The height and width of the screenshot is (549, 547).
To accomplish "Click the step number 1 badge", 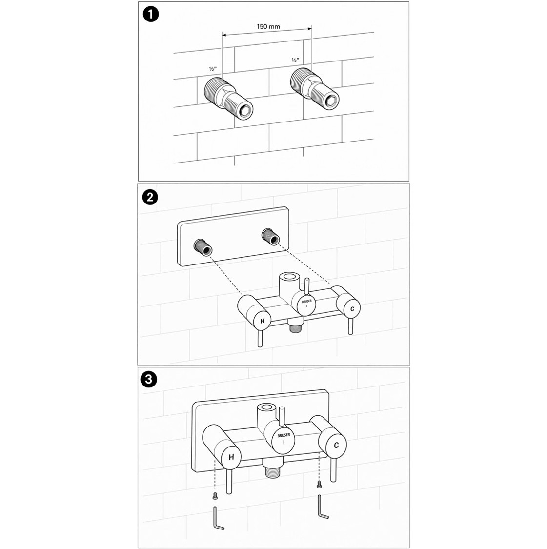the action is (x=151, y=15).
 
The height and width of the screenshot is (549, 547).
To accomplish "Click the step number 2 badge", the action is (x=150, y=198).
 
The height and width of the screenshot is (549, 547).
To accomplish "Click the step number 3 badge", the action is (x=148, y=380).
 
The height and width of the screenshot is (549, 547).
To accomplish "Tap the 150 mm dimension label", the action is (x=268, y=27).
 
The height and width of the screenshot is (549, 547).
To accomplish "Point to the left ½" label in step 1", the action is (x=213, y=69).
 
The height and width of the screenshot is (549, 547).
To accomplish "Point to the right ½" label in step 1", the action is (x=296, y=60).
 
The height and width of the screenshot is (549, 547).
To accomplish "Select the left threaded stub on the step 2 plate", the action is (x=203, y=246).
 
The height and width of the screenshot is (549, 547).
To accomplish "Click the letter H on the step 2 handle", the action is (x=263, y=320).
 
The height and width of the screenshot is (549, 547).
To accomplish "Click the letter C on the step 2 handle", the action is (x=352, y=309).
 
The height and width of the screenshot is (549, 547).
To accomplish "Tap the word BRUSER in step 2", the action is (x=306, y=301).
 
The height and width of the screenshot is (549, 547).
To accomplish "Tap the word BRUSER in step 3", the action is (x=284, y=435).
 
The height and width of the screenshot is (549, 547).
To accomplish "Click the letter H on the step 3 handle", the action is (x=231, y=457).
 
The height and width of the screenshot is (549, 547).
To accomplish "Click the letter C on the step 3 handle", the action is (x=336, y=446).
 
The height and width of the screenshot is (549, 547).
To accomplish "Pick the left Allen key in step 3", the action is (x=217, y=519).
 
